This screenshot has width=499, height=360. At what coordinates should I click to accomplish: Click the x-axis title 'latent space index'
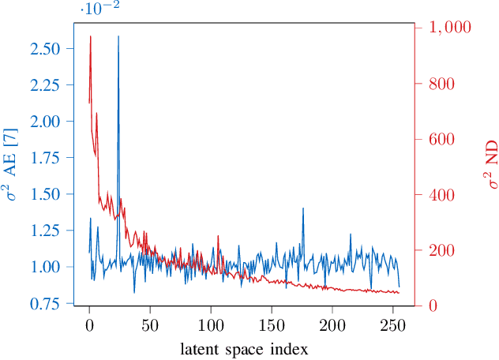243,348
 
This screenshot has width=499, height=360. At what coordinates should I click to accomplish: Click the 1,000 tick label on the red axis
449,28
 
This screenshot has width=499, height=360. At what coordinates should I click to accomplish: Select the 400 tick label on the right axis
443,195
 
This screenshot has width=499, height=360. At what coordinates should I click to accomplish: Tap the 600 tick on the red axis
443,139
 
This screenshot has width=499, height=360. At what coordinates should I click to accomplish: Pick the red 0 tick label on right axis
433,306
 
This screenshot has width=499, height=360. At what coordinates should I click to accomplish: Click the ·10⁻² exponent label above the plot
99,9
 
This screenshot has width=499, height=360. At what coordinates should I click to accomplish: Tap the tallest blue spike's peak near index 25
118,36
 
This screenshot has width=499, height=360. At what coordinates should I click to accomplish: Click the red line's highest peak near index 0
90,36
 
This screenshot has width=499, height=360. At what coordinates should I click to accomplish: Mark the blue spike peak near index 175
302,208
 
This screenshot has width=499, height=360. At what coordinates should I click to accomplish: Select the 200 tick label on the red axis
443,251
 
